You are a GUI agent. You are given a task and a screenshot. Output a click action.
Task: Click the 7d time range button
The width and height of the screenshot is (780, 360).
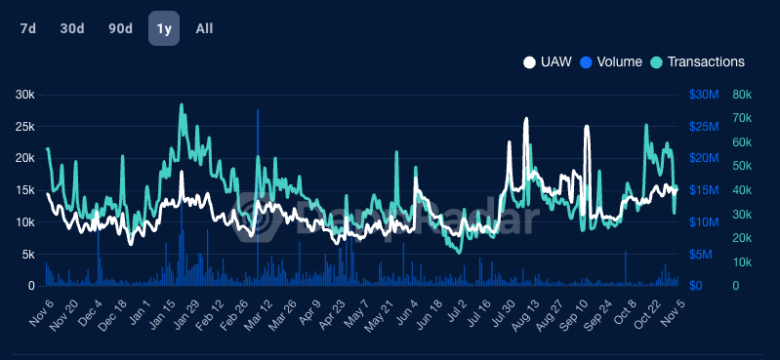tap(28, 28)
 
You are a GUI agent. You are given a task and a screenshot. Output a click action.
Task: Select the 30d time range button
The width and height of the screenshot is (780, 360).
tap(72, 28)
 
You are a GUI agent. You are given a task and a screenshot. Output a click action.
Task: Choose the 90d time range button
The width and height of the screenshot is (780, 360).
tap(120, 28)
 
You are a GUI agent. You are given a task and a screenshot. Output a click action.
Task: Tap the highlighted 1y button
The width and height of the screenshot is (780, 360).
tap(163, 28)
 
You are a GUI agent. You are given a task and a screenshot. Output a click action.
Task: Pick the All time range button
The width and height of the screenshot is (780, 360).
tap(204, 28)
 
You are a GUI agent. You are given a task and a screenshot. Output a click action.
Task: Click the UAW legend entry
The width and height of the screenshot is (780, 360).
tap(548, 61)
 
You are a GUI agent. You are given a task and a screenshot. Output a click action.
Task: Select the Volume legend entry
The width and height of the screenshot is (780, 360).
tap(611, 61)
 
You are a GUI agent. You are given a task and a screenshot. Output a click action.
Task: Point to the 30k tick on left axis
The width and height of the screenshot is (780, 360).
tap(24, 95)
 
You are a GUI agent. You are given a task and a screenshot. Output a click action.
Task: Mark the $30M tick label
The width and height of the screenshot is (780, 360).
tap(704, 95)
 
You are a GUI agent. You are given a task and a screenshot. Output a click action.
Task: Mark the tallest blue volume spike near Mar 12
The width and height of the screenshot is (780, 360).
tap(258, 111)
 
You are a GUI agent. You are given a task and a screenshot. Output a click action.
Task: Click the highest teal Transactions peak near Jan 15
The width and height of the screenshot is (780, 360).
tap(182, 105)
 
